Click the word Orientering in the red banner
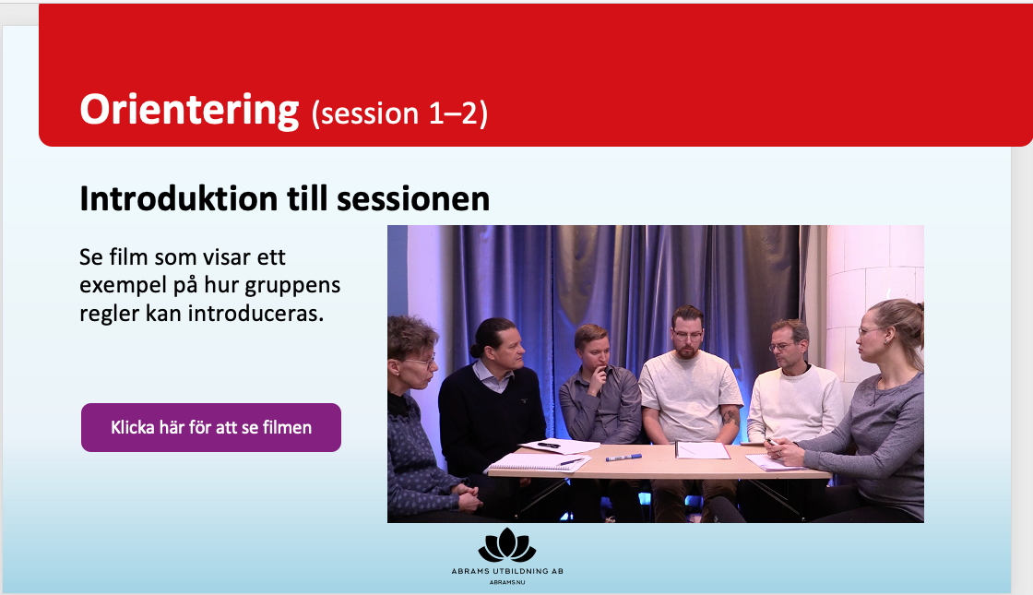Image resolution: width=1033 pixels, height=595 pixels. click(189, 110)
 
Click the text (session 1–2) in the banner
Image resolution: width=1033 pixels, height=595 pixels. click(399, 113)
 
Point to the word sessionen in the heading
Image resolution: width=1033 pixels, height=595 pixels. click(413, 198)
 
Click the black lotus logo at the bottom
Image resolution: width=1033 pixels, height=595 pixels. click(506, 545)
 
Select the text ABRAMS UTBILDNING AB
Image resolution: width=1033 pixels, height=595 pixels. click(506, 571)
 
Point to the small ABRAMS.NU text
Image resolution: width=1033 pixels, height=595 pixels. click(506, 582)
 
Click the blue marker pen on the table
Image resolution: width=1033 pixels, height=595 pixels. click(623, 457)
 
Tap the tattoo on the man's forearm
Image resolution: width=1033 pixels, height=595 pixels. click(730, 417)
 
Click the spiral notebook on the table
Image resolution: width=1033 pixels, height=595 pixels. click(539, 462)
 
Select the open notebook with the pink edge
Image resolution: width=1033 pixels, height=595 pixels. click(702, 450)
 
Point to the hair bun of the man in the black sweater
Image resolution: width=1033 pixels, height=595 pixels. click(476, 349)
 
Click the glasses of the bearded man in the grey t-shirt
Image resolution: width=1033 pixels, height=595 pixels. click(687, 335)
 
